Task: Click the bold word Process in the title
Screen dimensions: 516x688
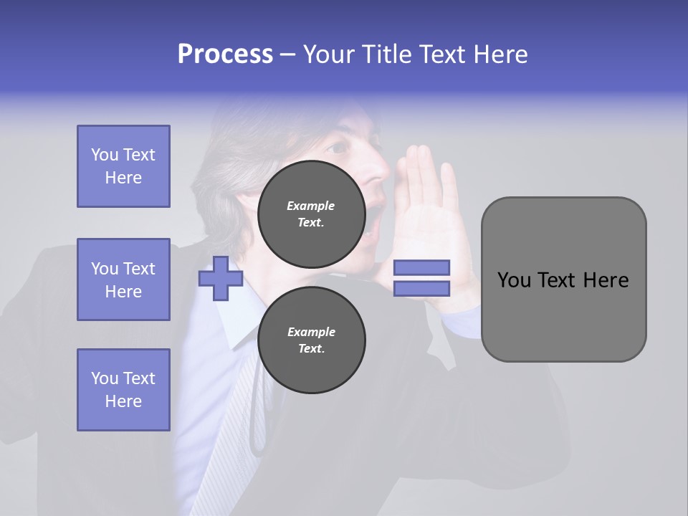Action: (x=225, y=54)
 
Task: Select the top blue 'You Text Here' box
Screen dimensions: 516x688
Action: (x=123, y=166)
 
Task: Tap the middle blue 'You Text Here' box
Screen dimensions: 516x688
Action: (x=123, y=279)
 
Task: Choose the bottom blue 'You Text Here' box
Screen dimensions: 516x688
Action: (x=123, y=390)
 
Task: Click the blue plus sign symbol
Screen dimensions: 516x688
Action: (x=221, y=278)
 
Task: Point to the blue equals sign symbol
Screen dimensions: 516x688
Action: (x=421, y=278)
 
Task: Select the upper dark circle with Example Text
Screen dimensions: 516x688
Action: (x=311, y=214)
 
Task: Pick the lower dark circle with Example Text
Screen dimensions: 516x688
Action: (x=311, y=340)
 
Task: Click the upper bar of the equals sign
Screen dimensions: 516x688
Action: (x=421, y=267)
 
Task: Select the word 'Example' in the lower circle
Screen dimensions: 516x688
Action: (x=311, y=332)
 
